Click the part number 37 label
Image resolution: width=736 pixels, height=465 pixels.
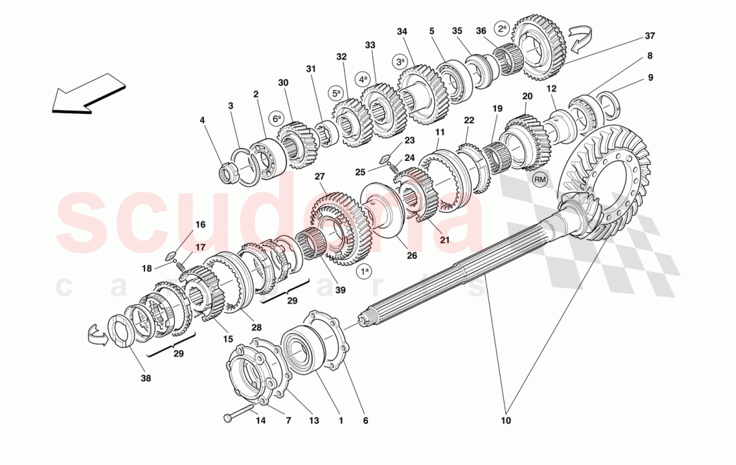pyautogui.click(x=650, y=36)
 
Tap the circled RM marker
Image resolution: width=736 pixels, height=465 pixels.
pyautogui.click(x=540, y=179)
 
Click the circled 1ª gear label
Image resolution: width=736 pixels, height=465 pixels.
pyautogui.click(x=364, y=272)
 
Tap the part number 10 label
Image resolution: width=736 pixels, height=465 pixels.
pyautogui.click(x=506, y=421)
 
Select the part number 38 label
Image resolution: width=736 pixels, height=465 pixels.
pyautogui.click(x=146, y=378)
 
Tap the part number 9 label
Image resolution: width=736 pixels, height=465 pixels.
pyautogui.click(x=650, y=78)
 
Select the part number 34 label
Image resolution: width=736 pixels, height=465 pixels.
pyautogui.click(x=401, y=31)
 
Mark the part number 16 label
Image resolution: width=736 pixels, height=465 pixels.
pyautogui.click(x=200, y=225)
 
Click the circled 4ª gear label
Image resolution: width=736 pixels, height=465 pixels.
pyautogui.click(x=363, y=78)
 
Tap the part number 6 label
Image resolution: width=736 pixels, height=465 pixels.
pyautogui.click(x=365, y=421)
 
